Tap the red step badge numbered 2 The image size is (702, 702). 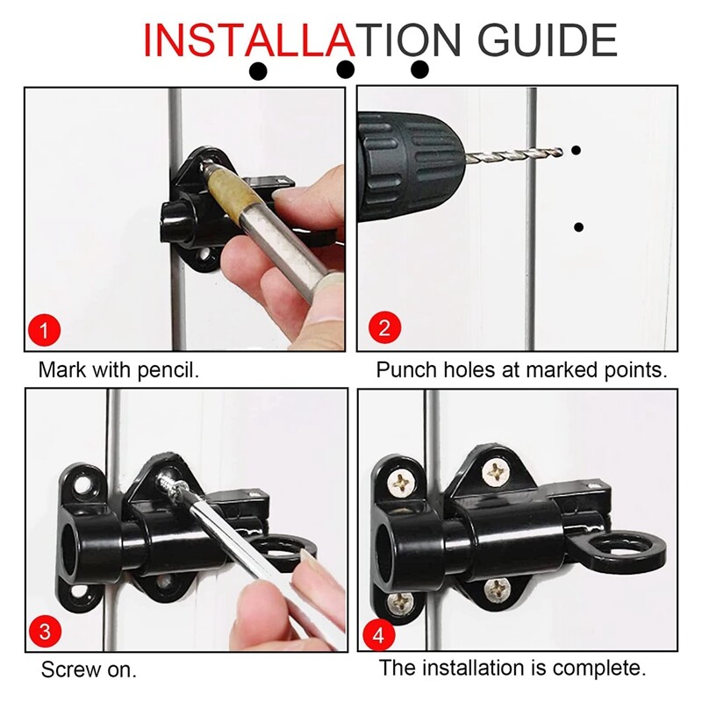point(383,329)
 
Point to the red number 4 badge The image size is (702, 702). point(383,633)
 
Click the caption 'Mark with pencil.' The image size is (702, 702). point(118,369)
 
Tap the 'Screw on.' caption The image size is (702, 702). point(89,670)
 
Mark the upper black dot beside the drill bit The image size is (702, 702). point(577,151)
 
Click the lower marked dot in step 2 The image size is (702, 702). point(578,227)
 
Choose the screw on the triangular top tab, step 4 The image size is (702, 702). point(498,471)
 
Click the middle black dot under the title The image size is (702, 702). point(346,69)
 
